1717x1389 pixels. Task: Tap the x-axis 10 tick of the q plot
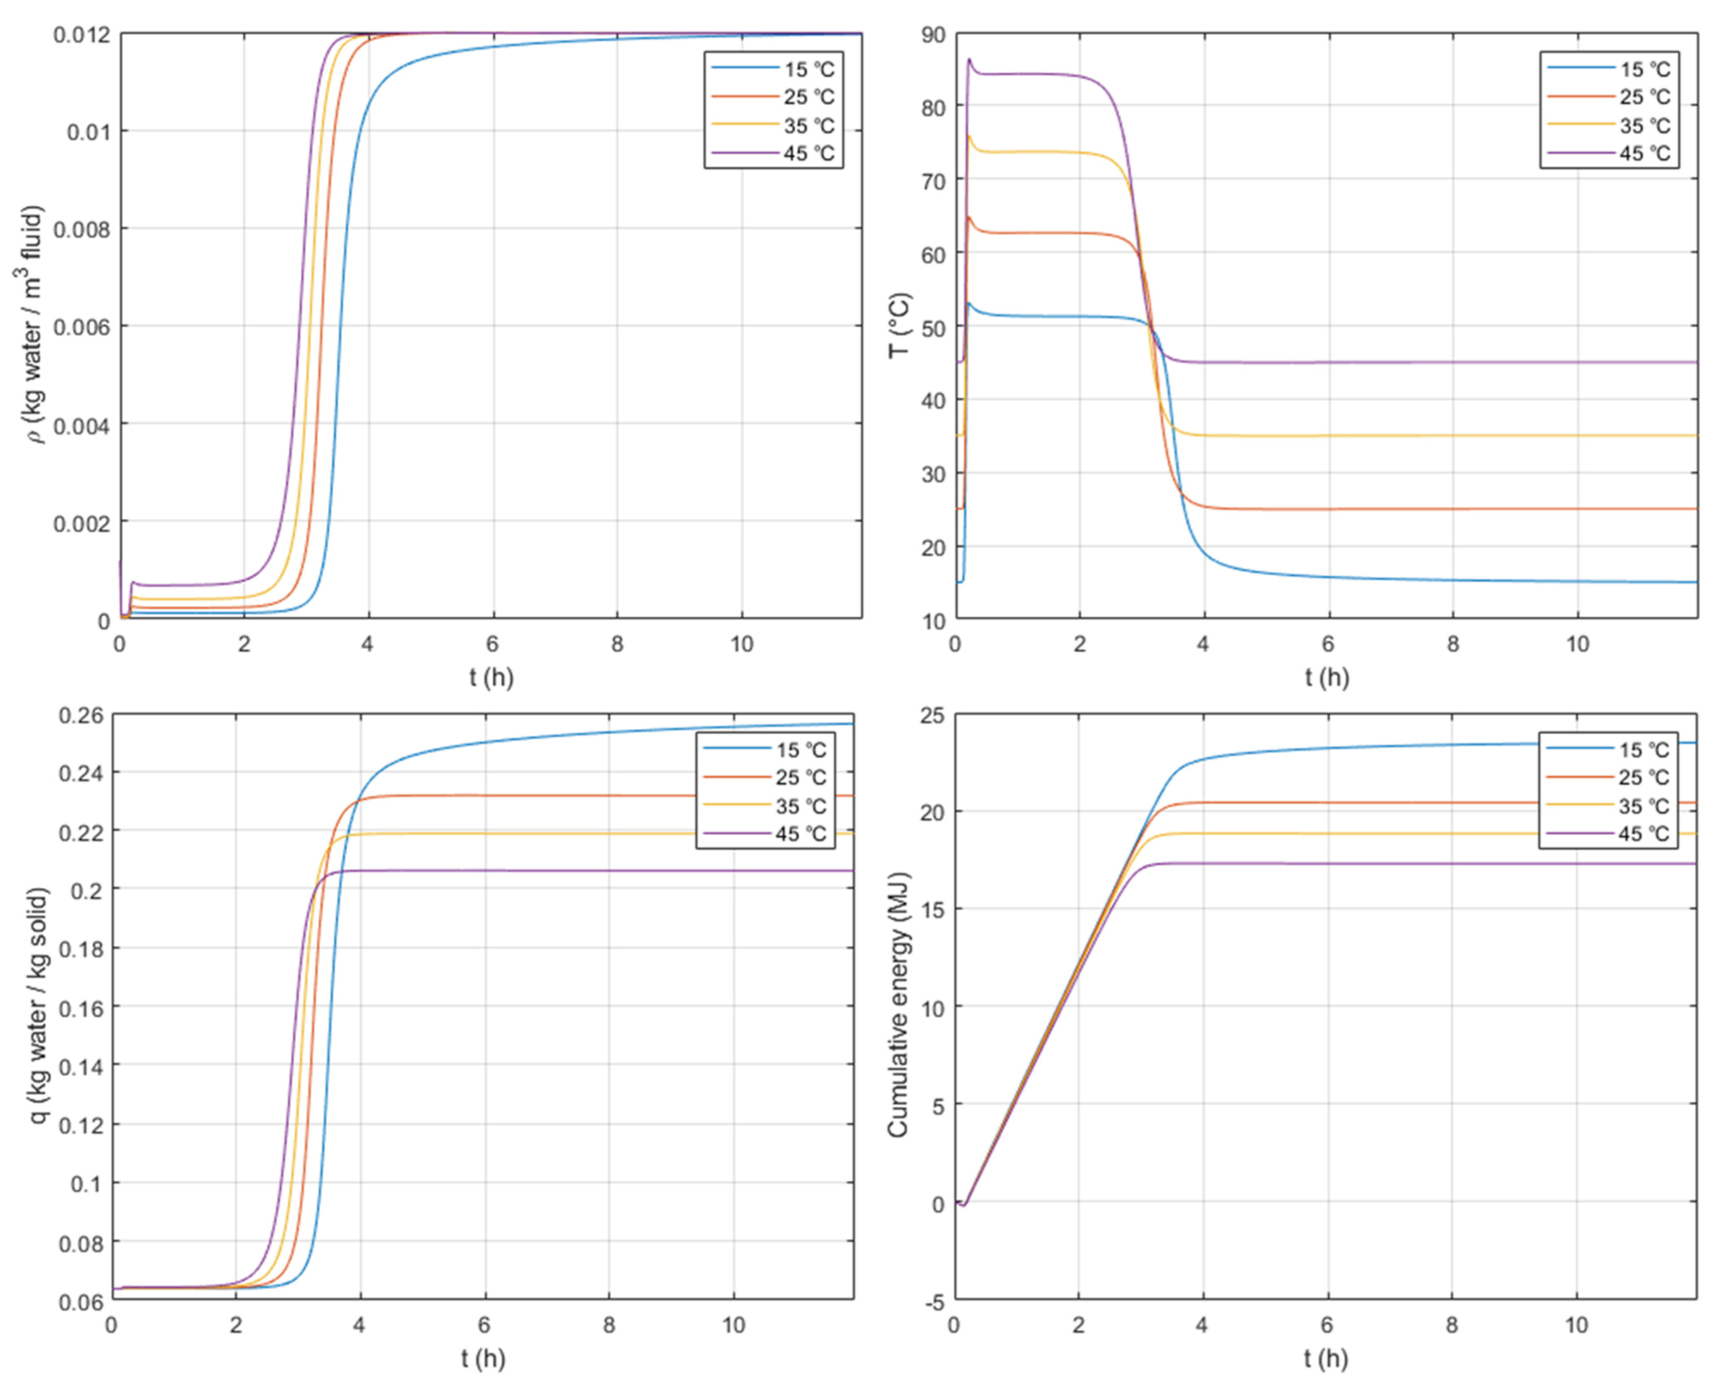click(x=734, y=1325)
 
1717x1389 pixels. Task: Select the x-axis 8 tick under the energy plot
click(x=1451, y=1325)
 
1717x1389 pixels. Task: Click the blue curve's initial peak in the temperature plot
click(x=969, y=303)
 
